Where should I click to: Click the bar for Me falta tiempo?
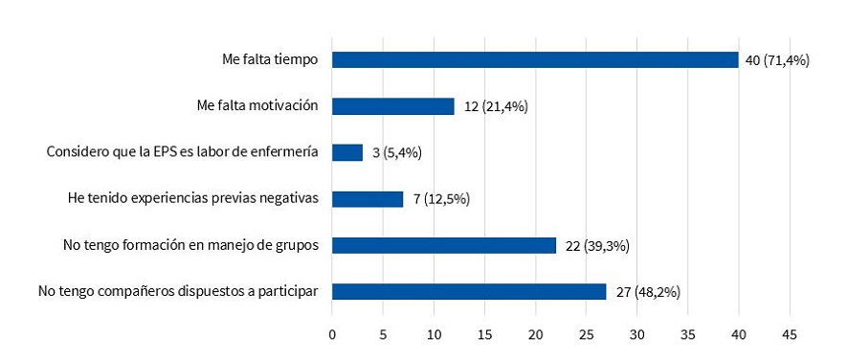[535, 59]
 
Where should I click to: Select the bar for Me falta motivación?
[393, 105]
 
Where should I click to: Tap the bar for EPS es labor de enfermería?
[347, 152]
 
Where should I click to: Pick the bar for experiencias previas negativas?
[368, 199]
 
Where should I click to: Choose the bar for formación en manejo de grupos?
[444, 245]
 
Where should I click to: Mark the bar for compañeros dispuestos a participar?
[469, 291]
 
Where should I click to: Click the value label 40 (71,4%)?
[777, 59]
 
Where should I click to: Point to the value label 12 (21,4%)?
[496, 106]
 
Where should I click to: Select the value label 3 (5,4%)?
[397, 152]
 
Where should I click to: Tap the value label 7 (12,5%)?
[441, 199]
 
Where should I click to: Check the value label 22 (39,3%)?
[597, 246]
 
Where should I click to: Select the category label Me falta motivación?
[257, 105]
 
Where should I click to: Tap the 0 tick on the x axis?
[332, 334]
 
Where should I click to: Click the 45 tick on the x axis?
[790, 334]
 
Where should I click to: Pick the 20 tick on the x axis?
[535, 334]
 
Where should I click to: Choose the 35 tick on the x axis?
[688, 334]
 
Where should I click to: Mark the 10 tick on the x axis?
[434, 334]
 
